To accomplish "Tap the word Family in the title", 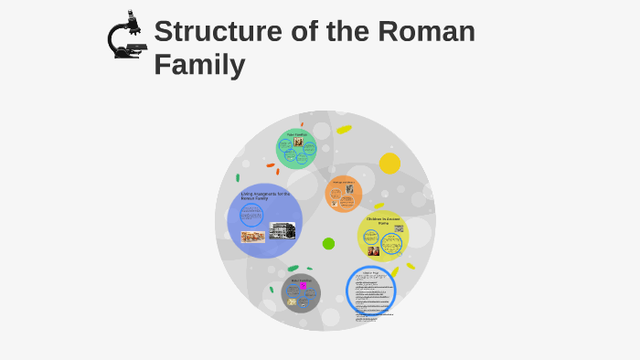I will pos(199,65).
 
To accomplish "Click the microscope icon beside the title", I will pos(126,37).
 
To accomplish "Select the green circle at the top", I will pos(296,149).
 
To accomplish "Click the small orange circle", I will pos(344,193).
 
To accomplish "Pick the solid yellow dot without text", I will pos(389,164).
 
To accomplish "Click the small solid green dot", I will pos(328,243).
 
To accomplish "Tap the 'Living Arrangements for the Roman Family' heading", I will pos(265,196).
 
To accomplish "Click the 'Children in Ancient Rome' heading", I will pos(384,220).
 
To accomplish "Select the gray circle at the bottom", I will pos(301,293).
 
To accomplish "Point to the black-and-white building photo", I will pos(283,230).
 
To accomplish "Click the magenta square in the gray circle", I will pos(303,286).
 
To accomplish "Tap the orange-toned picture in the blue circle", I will pos(252,237).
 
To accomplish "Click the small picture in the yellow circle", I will pos(373,250).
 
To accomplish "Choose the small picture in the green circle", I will pos(298,143).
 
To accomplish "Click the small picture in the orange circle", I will pos(349,189).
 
